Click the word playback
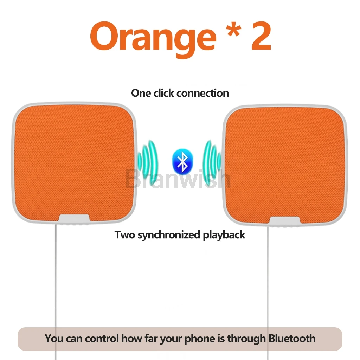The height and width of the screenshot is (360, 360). (x=224, y=235)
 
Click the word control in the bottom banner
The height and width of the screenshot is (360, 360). (x=102, y=339)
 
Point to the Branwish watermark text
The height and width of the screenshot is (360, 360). (x=178, y=179)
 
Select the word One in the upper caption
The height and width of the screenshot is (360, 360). (x=141, y=93)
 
